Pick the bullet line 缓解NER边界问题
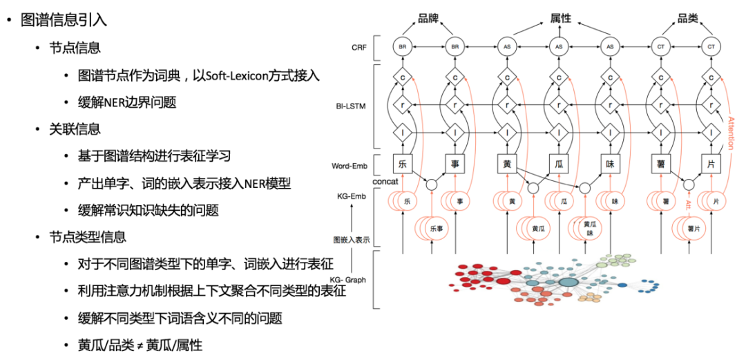pos(127,103)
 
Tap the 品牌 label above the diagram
pos(429,19)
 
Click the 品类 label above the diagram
pos(688,19)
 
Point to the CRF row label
pos(359,47)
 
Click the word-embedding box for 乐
pos(403,164)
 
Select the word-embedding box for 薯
pos(661,164)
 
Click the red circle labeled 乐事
pos(432,227)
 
